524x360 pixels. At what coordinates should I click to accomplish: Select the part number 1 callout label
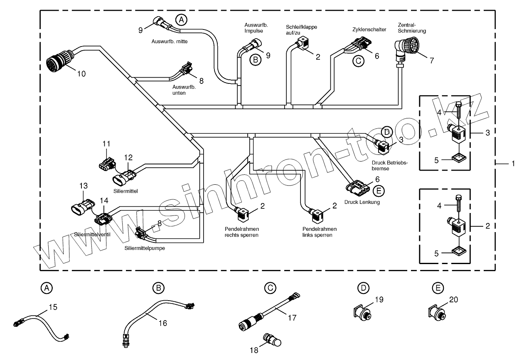(x=513, y=164)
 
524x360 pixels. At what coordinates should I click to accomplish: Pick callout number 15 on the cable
(x=53, y=308)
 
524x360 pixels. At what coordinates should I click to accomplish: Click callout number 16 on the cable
(x=163, y=323)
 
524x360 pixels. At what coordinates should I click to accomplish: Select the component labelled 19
(x=363, y=312)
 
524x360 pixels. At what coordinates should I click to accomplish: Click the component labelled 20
(x=436, y=312)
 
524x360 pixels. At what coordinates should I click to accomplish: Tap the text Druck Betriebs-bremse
(x=390, y=166)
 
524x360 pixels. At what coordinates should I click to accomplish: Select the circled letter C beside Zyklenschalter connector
(x=358, y=61)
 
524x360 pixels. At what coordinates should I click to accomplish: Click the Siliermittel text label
(x=125, y=191)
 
